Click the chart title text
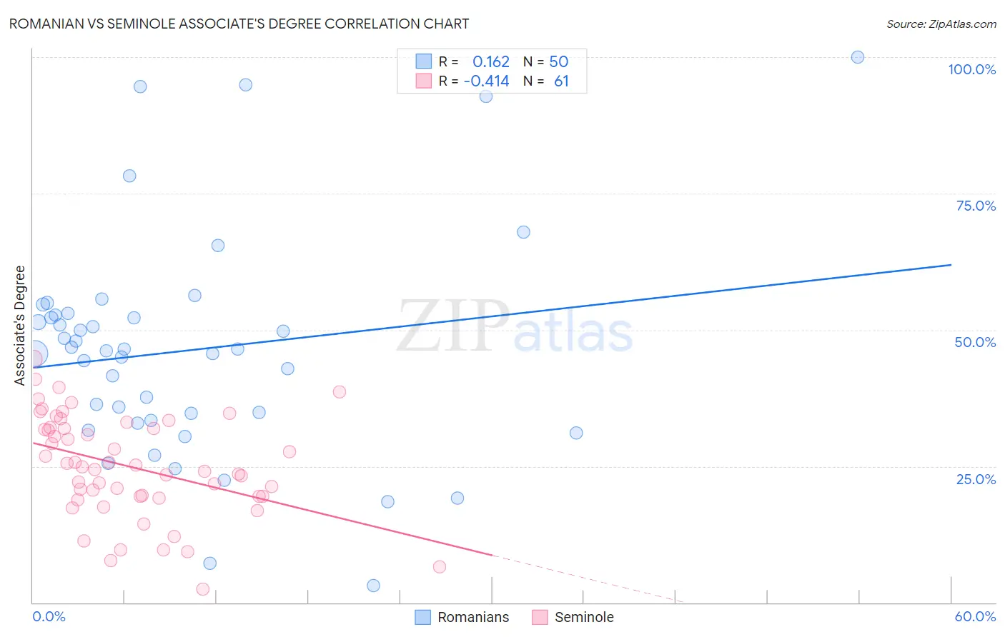[x=239, y=24]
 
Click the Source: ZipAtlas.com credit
[x=941, y=24]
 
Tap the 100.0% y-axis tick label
[x=971, y=69]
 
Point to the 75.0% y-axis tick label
[x=976, y=206]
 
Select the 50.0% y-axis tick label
[x=975, y=342]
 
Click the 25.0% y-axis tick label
[x=976, y=479]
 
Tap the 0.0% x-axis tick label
[x=49, y=616]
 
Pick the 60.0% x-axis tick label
[x=975, y=616]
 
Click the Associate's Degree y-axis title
[x=20, y=326]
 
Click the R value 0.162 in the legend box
[x=491, y=62]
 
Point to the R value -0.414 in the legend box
[x=487, y=81]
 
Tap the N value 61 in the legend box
[x=562, y=81]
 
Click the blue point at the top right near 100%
[x=858, y=57]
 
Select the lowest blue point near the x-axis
[x=373, y=586]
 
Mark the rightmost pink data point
[x=440, y=567]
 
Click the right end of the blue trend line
[x=951, y=265]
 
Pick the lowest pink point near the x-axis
[x=203, y=589]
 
